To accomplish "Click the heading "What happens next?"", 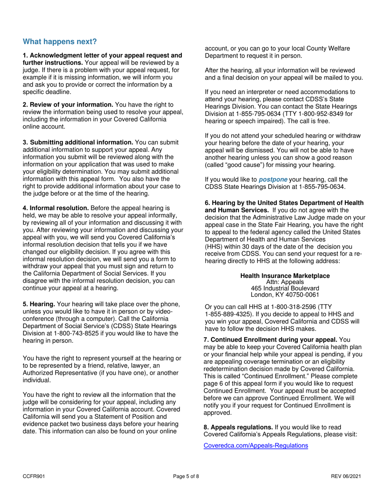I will pos(60,42).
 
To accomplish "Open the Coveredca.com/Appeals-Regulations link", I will pos(255,446).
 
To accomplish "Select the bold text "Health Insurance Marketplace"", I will pos(285,276).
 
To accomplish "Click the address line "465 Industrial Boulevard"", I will pos(285,288).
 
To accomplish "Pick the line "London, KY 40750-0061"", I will pos(285,294).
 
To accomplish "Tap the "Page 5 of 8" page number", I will pos(186,476).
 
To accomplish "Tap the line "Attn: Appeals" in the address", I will pos(285,282).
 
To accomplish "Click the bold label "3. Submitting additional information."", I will pos(78,142).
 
